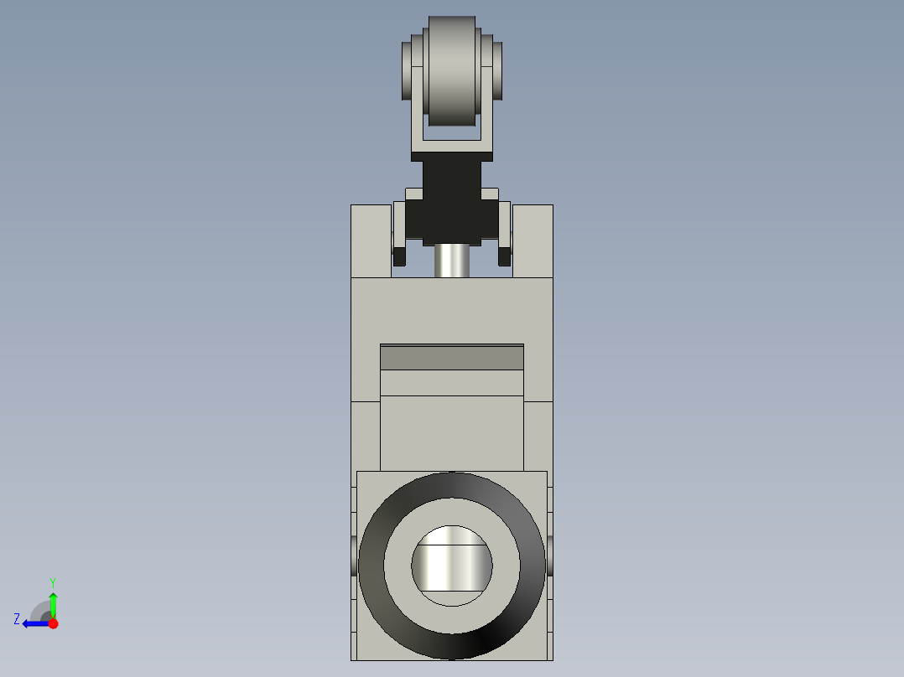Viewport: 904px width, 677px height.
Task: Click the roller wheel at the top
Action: (452, 71)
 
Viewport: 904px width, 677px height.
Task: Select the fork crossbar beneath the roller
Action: (452, 150)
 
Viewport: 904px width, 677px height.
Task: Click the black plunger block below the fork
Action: (452, 209)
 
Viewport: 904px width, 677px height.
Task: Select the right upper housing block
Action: (533, 240)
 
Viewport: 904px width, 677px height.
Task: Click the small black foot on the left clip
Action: (399, 255)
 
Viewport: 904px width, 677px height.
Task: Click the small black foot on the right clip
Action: (505, 255)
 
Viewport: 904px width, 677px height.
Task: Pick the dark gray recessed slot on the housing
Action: (452, 358)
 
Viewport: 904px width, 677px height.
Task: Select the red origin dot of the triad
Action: (53, 623)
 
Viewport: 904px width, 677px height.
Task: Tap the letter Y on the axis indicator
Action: (52, 581)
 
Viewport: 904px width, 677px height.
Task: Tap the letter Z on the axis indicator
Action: (17, 619)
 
